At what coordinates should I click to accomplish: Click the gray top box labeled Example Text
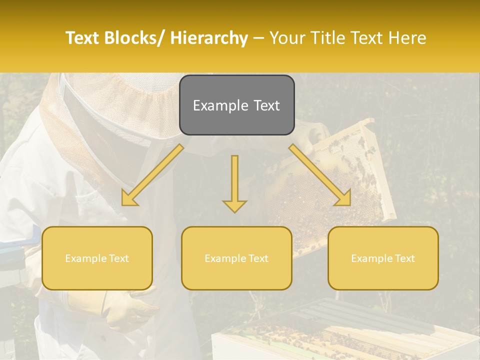[236, 105]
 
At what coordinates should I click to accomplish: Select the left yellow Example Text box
[97, 258]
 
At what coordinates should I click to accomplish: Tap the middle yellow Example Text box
[236, 258]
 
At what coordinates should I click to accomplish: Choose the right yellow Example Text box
[383, 258]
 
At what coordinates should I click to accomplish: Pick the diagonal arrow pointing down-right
[320, 175]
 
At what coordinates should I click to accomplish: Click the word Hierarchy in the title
[209, 38]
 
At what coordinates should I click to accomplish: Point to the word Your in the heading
[288, 38]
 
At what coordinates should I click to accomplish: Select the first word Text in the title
[83, 38]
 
